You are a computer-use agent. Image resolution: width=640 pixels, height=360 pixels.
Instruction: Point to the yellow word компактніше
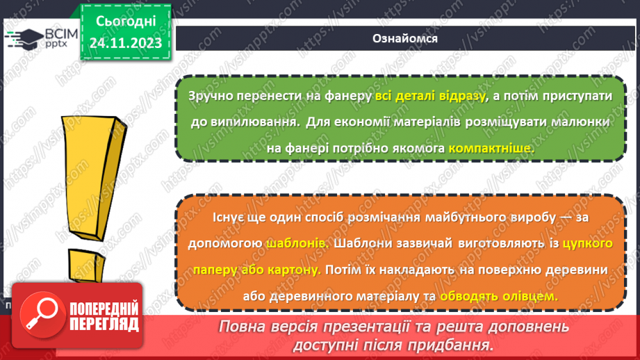point(492,148)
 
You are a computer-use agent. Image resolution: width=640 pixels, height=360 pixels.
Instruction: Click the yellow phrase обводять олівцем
point(498,295)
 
